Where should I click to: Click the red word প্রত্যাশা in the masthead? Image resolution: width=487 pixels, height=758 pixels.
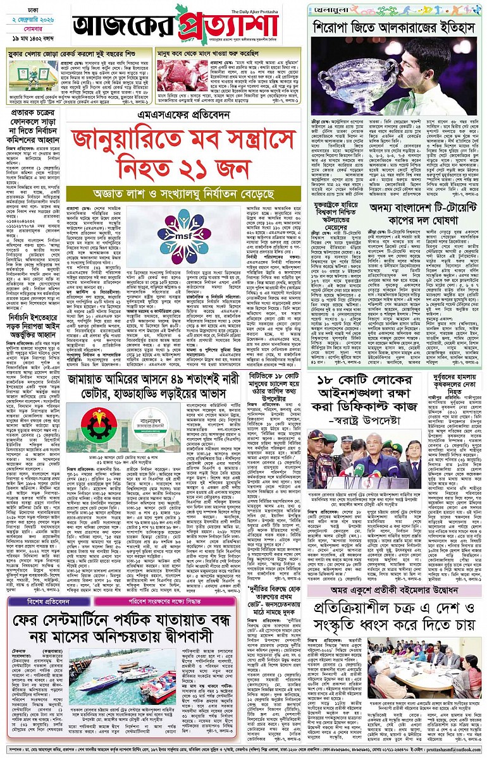tap(235, 26)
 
